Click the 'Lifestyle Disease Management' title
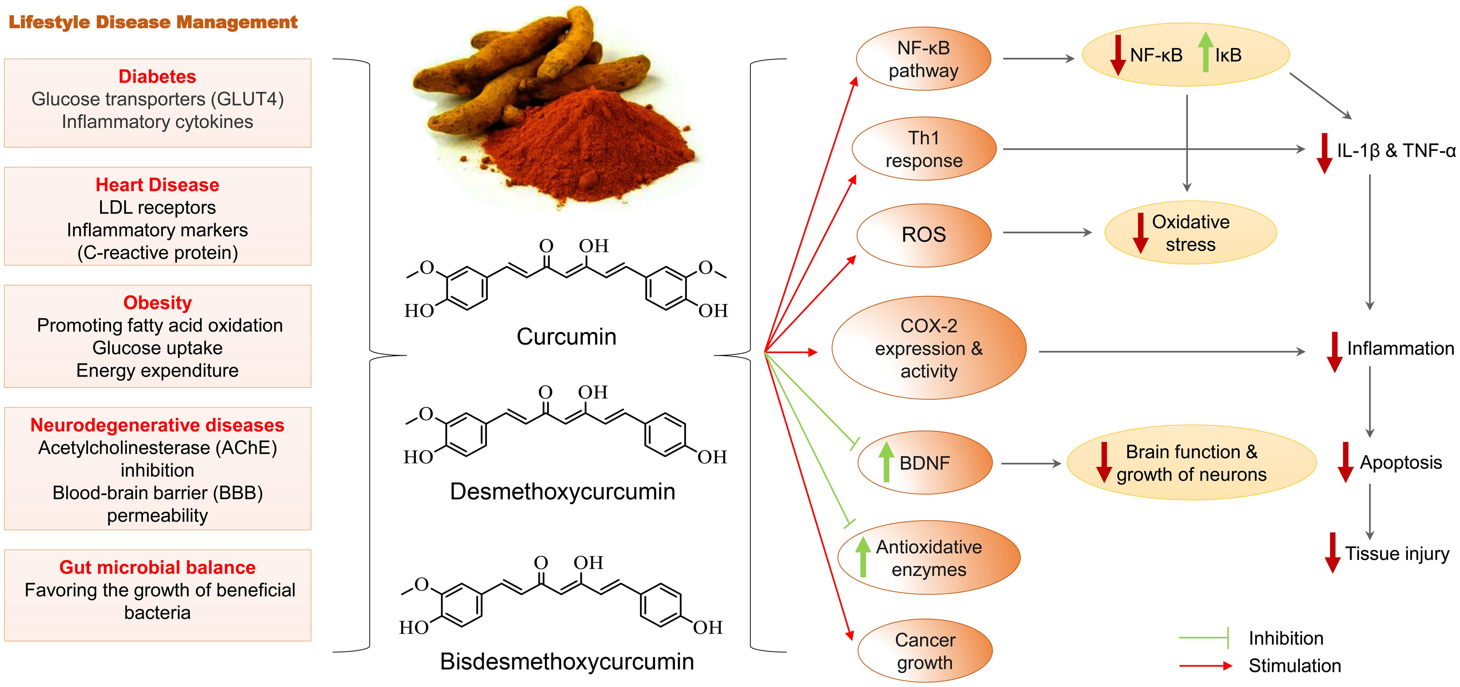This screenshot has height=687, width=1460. (153, 22)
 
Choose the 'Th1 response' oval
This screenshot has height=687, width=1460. (924, 149)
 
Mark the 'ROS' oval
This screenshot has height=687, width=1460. (924, 235)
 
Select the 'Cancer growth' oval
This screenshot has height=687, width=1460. (925, 651)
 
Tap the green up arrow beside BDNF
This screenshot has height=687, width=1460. (886, 462)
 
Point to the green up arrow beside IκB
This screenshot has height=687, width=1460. (1206, 52)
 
